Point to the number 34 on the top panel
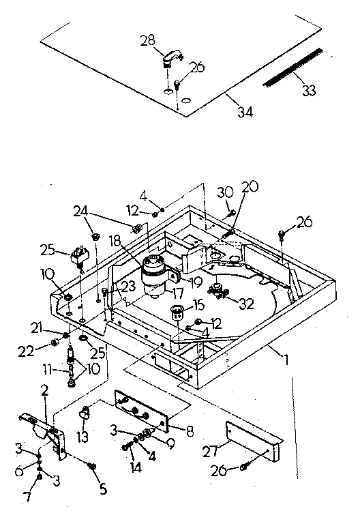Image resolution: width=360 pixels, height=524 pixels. pos(244,111)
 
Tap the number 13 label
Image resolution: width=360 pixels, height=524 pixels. pos(85,435)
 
